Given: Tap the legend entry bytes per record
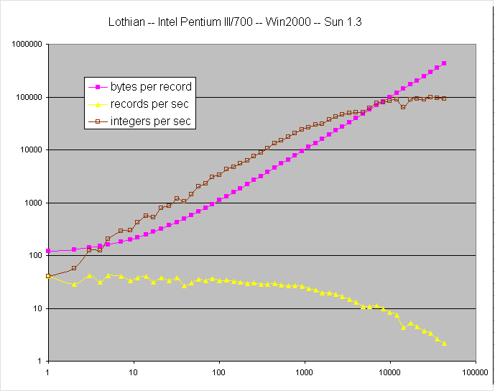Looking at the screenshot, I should (151, 87).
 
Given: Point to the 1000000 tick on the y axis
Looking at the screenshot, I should (23, 45).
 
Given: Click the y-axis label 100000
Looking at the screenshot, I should (25, 97).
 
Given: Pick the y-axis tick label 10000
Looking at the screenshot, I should (27, 150).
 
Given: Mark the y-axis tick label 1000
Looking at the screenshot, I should (29, 203).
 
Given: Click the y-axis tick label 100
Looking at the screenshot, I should (32, 256).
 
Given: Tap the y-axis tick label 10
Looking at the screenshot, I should (34, 308).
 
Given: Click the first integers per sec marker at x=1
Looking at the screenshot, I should (47, 276).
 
